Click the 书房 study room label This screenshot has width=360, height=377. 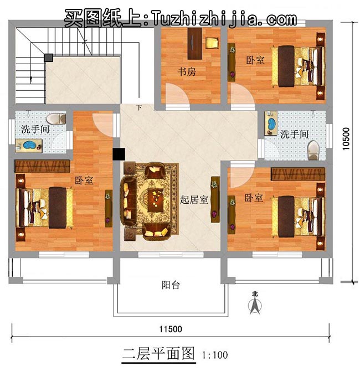pyautogui.click(x=187, y=72)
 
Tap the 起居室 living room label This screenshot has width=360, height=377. pyautogui.click(x=194, y=200)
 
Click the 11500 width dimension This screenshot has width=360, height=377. pyautogui.click(x=170, y=329)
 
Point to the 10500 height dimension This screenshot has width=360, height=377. pyautogui.click(x=347, y=139)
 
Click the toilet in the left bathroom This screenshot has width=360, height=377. pyautogui.click(x=54, y=118)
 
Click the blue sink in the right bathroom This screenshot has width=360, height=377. pyautogui.click(x=271, y=124)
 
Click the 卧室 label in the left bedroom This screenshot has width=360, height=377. pyautogui.click(x=83, y=180)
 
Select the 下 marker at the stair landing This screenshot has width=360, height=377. pyautogui.click(x=138, y=107)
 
